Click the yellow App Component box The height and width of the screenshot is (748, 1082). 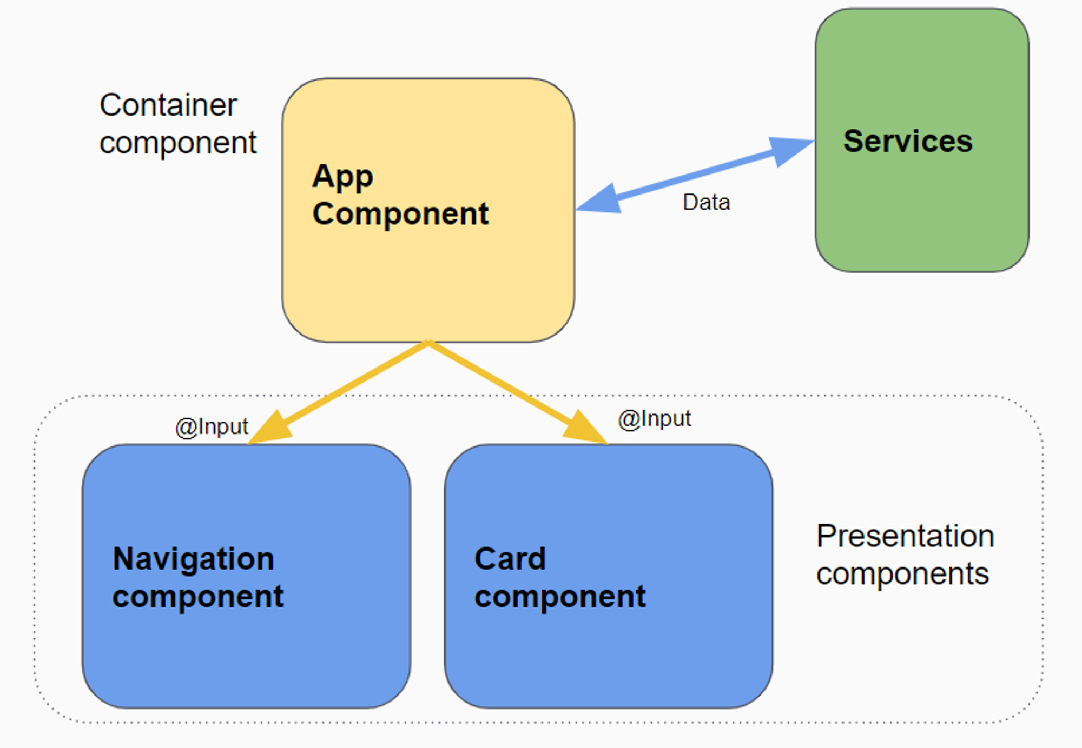click(x=428, y=210)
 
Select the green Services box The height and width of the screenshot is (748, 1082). click(x=922, y=140)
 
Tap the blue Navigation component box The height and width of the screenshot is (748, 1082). click(x=247, y=576)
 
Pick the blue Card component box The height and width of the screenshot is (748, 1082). click(x=609, y=576)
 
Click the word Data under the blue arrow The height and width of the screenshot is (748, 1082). click(x=706, y=203)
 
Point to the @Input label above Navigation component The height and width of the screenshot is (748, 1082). click(x=212, y=427)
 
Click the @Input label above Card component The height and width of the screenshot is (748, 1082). click(x=655, y=419)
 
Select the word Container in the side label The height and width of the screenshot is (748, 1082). click(x=168, y=105)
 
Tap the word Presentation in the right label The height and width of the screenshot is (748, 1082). click(x=905, y=536)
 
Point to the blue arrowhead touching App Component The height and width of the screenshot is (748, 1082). click(x=599, y=199)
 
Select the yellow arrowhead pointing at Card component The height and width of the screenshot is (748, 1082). click(x=585, y=428)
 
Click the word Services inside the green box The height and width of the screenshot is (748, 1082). click(x=908, y=141)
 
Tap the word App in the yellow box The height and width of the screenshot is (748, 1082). click(x=342, y=177)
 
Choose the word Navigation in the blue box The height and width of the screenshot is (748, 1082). click(x=193, y=559)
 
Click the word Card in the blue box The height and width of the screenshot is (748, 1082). click(x=510, y=558)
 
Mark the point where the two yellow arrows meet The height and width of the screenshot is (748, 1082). click(x=428, y=342)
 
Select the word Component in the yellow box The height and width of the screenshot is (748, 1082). click(x=400, y=215)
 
